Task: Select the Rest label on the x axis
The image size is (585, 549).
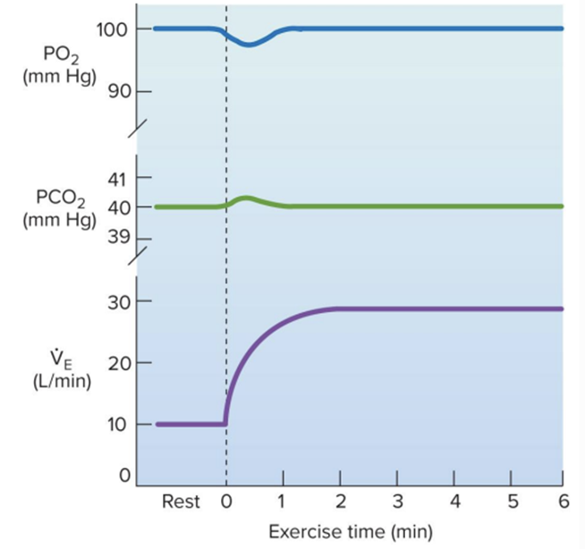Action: coord(181,502)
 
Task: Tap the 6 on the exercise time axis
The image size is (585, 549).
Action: coord(563,502)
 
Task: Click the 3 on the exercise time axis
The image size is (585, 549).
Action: coord(396,502)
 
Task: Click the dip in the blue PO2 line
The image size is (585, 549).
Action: coord(249,44)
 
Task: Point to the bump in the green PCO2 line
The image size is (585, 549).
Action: coord(247,198)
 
